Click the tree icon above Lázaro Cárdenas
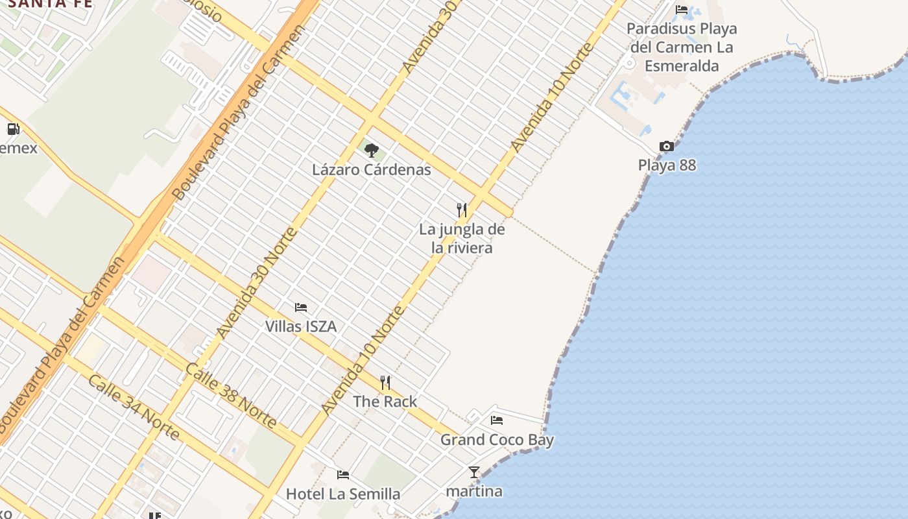(371, 151)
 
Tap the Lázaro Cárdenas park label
(372, 170)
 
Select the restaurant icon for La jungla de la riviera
(462, 210)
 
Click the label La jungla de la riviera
(462, 238)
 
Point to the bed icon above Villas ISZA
(301, 307)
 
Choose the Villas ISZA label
(301, 326)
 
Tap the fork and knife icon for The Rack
(385, 382)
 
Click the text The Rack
(385, 402)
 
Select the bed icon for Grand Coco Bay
(497, 420)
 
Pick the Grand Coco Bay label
(497, 440)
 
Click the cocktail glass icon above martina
(474, 472)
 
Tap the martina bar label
(475, 491)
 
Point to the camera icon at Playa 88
(666, 146)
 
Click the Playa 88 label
(667, 165)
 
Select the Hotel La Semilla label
(343, 494)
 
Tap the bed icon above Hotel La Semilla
(343, 475)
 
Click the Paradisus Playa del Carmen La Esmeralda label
(682, 47)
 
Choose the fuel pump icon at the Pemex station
(13, 128)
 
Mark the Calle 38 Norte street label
(231, 395)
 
